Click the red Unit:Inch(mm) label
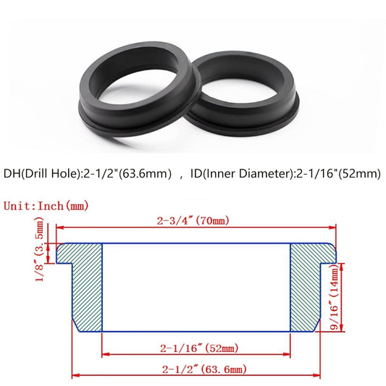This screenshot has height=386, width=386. (46, 206)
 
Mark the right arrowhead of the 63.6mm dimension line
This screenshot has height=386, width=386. (318, 375)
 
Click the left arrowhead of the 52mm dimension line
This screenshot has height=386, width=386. (104, 353)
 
